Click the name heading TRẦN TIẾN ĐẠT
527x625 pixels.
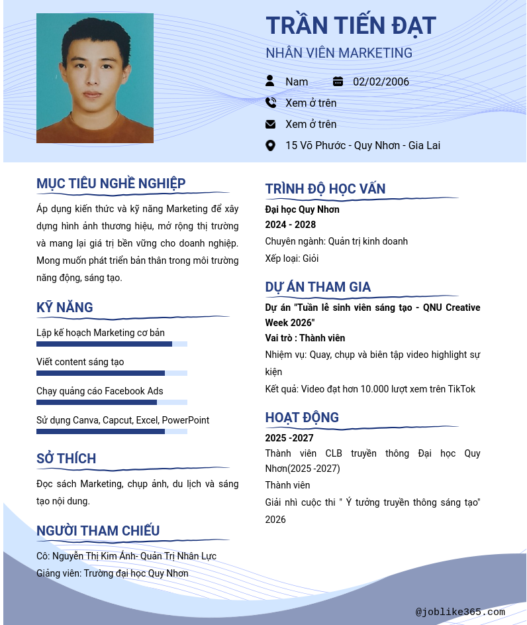pos(351,26)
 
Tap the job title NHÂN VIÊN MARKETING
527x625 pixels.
pos(339,53)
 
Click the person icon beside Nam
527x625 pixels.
pos(270,81)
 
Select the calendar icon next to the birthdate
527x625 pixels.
pos(338,82)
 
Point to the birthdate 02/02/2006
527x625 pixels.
pos(381,82)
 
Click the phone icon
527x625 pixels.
pos(270,103)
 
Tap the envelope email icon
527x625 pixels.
pos(270,124)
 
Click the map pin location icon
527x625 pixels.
pos(270,145)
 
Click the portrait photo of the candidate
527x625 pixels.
pos(95,78)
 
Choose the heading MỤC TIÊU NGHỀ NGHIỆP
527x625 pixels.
pos(111,184)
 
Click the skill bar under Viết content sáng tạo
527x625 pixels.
pos(111,373)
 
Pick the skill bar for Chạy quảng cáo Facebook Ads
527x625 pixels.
pos(111,402)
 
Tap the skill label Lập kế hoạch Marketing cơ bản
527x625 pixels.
pos(101,333)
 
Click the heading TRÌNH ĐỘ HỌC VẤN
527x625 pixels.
pos(325,189)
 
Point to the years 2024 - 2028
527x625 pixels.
pos(291,225)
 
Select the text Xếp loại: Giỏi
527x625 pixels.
pos(292,258)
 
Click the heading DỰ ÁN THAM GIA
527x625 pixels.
pos(318,287)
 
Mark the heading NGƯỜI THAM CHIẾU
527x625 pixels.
pos(98,531)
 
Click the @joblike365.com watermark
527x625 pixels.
pos(460,612)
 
